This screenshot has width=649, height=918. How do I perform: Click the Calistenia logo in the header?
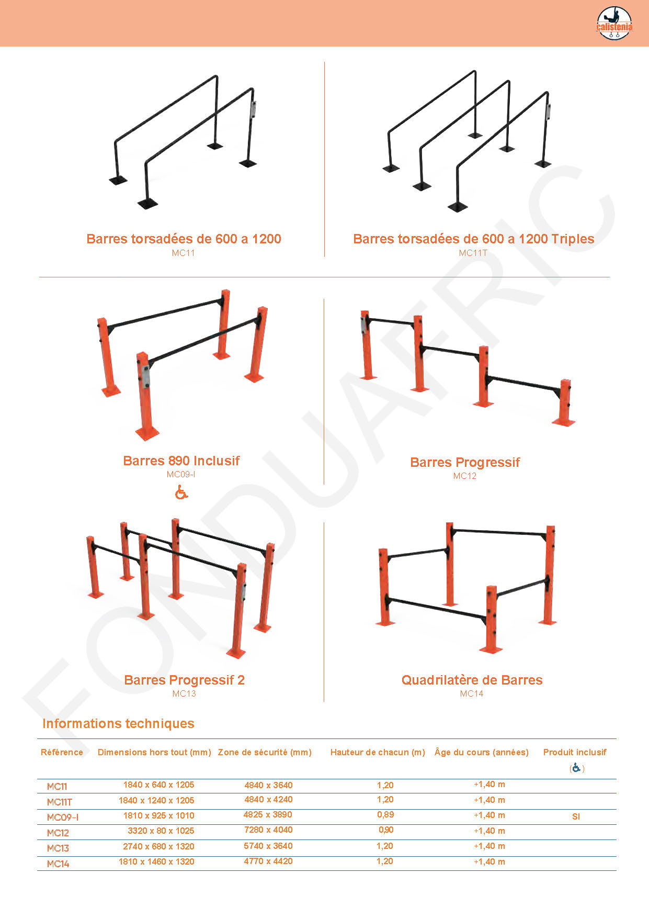[x=614, y=24]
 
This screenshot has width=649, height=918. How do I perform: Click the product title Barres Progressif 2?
[x=184, y=680]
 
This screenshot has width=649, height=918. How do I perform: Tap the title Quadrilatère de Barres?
[x=472, y=680]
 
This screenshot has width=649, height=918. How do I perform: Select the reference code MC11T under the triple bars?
[x=473, y=253]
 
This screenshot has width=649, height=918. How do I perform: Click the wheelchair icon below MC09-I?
[x=181, y=492]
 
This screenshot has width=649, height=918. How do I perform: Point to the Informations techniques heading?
[x=118, y=723]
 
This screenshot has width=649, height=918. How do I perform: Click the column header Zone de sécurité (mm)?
[x=265, y=752]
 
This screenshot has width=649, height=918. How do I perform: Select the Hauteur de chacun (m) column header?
[x=378, y=752]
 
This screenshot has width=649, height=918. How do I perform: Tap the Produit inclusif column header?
[x=575, y=752]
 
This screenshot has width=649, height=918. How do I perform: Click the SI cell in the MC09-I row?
[x=576, y=816]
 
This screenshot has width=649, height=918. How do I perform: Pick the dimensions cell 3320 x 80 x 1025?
[x=161, y=831]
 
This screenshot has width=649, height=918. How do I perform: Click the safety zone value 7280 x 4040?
[x=268, y=830]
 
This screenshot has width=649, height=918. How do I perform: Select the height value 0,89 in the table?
[x=385, y=814]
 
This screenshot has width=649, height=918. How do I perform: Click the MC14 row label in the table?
[x=58, y=864]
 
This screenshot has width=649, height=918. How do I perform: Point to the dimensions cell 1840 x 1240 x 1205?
[x=156, y=800]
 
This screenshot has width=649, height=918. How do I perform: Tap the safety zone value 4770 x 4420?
[x=268, y=861]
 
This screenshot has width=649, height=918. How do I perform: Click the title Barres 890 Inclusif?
[x=181, y=461]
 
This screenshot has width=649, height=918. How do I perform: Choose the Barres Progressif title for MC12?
[x=465, y=462]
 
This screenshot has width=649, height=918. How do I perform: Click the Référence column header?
[x=62, y=752]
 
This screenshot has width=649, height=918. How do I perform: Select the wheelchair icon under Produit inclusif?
[x=576, y=768]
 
